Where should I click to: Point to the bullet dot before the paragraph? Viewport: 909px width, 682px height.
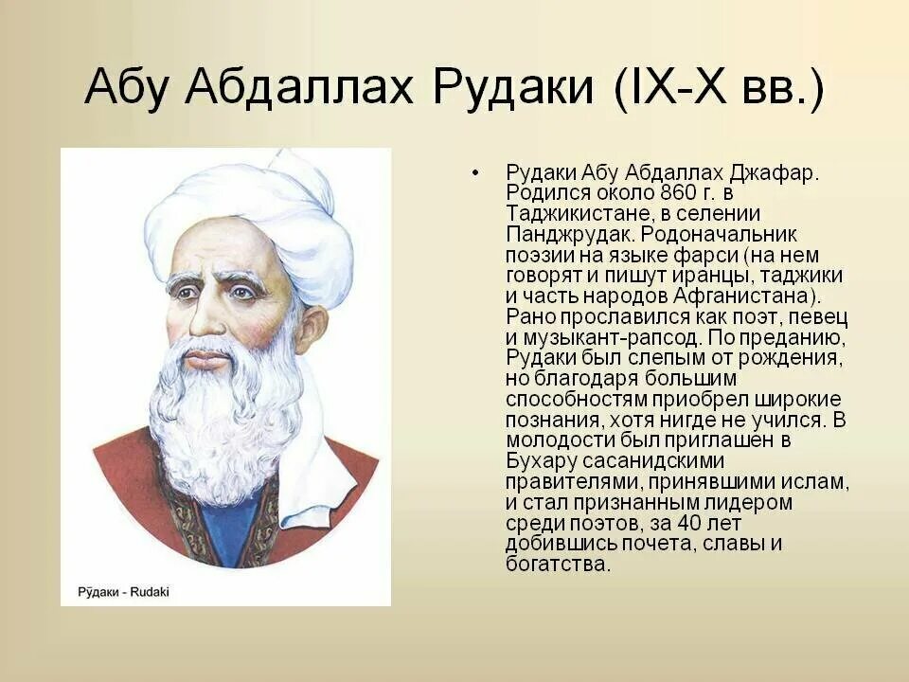475,173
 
